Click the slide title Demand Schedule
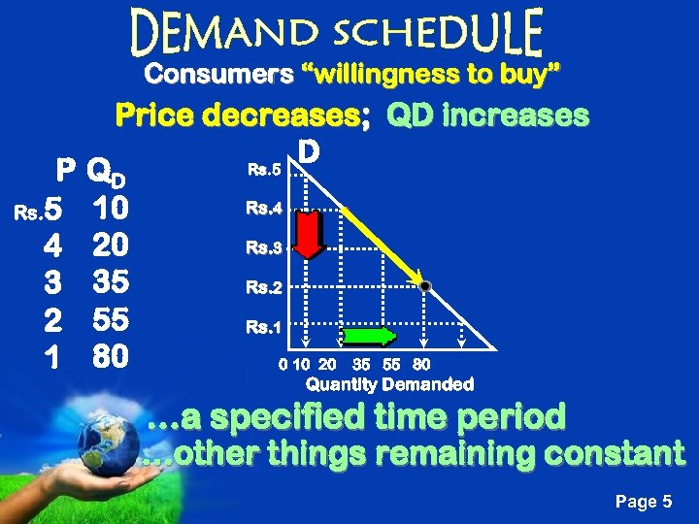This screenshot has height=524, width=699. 337,33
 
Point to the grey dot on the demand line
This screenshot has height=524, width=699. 424,285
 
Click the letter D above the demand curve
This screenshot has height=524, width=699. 309,153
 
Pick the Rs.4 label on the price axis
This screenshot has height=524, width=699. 263,208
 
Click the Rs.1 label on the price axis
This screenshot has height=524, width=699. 263,328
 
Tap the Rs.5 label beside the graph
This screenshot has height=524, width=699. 263,170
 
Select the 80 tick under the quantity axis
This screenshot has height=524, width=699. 421,366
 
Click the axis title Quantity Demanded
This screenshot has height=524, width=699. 390,385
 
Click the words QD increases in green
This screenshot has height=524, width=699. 487,116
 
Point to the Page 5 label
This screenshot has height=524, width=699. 644,502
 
